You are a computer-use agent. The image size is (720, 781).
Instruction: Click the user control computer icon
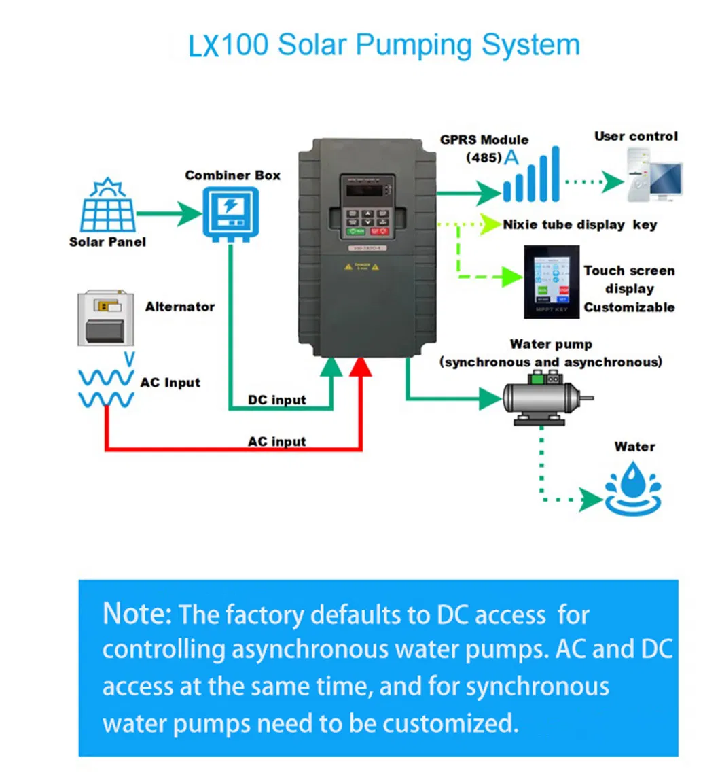coord(654,175)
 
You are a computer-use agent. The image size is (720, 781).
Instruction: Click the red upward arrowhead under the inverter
coord(361,368)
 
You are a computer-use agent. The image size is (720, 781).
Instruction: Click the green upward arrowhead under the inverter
coord(331,368)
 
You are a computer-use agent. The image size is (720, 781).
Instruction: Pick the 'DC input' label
coord(276,400)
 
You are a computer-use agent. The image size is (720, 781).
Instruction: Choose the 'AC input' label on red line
coord(276,442)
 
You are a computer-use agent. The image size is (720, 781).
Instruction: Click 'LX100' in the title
coord(228,46)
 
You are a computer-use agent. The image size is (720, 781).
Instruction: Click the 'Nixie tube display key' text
coord(579,225)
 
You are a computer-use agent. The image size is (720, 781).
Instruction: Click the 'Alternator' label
coord(179,307)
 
